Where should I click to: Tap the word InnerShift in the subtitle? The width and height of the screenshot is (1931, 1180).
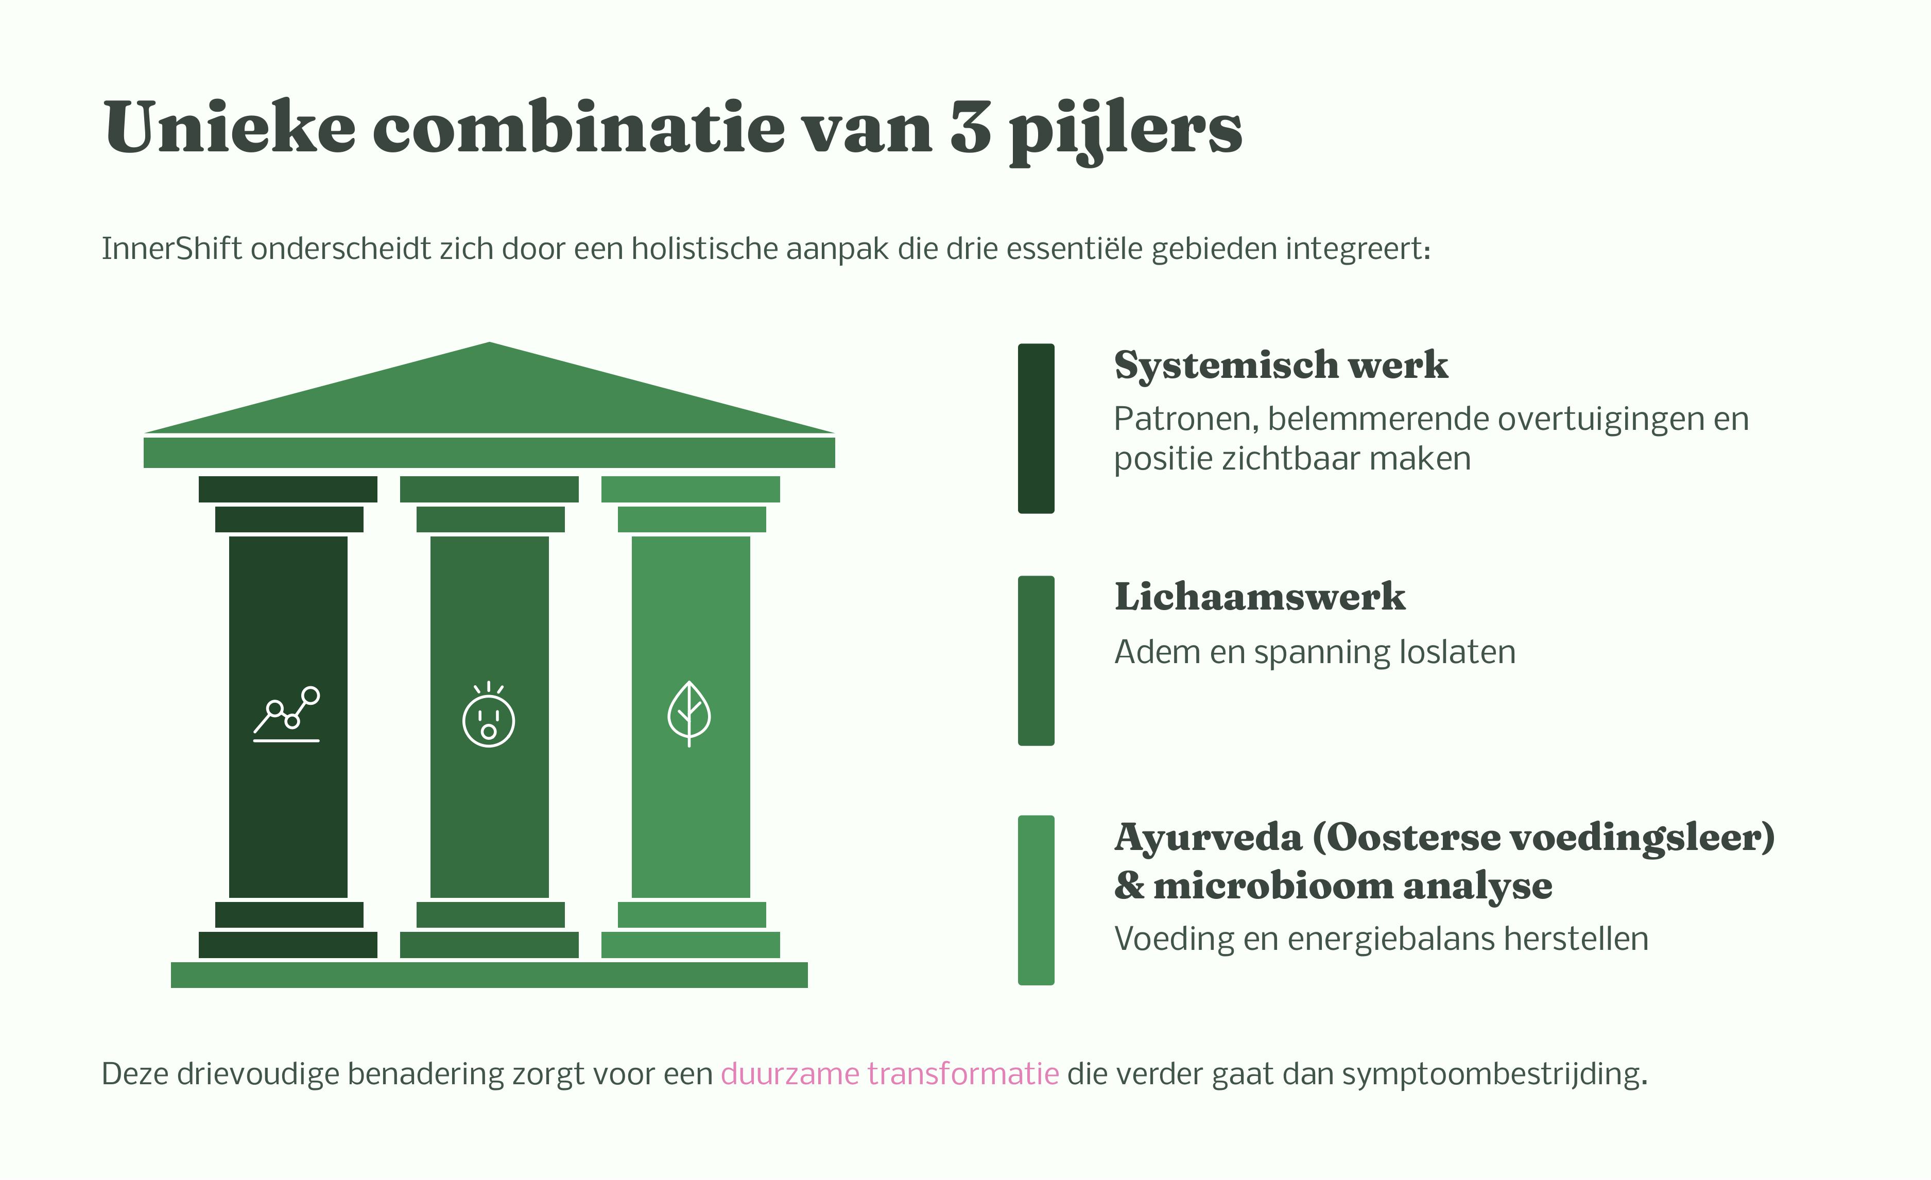pos(171,249)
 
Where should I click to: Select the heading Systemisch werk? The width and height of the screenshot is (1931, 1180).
pos(1281,365)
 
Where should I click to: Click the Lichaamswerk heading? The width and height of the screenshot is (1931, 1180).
pos(1260,597)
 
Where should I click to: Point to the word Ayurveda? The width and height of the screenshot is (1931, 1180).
pos(1207,838)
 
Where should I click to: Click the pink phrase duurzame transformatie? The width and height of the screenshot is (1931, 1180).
pos(889,1073)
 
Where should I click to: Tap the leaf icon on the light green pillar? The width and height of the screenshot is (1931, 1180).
pos(689,713)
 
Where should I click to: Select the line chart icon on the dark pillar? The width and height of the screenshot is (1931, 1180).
pos(287,714)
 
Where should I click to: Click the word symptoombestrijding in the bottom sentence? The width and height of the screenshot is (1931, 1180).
pos(1494,1073)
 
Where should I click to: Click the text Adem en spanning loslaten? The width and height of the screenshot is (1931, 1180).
pos(1314,652)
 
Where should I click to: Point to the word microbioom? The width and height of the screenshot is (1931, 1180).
pos(1273,886)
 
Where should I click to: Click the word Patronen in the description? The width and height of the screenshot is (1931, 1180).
pos(1185,419)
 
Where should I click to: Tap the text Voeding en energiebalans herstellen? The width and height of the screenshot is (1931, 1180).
pos(1381,939)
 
